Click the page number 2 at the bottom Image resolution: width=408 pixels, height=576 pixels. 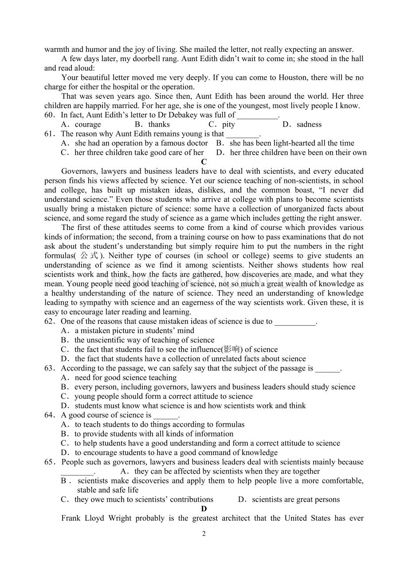click(x=204, y=534)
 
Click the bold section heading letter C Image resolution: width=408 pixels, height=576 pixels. click(x=204, y=162)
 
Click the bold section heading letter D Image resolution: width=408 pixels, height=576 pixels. click(x=204, y=509)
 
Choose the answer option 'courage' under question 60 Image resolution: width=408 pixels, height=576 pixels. click(x=88, y=125)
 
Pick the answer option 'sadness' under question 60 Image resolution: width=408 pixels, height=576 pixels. click(x=309, y=125)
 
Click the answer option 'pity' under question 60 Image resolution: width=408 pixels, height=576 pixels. click(x=228, y=125)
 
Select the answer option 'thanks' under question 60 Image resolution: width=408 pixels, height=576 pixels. click(x=159, y=125)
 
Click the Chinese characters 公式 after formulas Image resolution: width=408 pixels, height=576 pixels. click(x=90, y=256)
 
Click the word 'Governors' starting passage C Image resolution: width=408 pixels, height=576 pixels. click(x=79, y=171)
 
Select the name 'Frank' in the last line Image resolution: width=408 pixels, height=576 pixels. click(x=71, y=518)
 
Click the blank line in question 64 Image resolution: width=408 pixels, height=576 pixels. click(x=165, y=416)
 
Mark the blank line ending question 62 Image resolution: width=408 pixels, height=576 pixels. click(x=295, y=322)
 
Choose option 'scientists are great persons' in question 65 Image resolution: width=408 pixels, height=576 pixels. click(x=296, y=500)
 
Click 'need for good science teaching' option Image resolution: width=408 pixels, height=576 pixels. click(x=126, y=378)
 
